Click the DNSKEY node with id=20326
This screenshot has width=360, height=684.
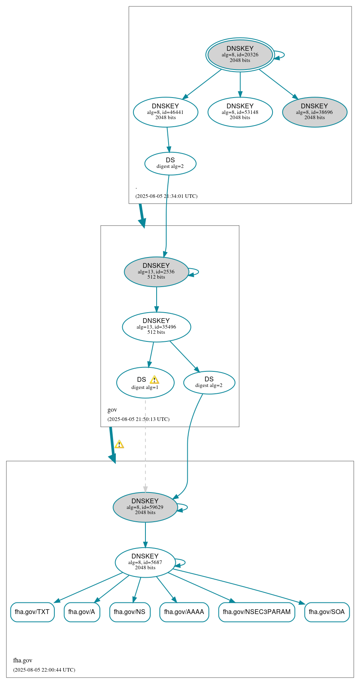pyautogui.click(x=240, y=55)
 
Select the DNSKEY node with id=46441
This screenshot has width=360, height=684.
pyautogui.click(x=165, y=112)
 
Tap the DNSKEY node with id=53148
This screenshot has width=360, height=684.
pyautogui.click(x=240, y=112)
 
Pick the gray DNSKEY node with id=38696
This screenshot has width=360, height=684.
pyautogui.click(x=314, y=112)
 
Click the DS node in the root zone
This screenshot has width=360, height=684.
pyautogui.click(x=170, y=164)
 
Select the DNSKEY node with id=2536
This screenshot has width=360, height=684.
pyautogui.click(x=156, y=272)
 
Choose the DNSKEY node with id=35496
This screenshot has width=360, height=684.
pyautogui.click(x=156, y=327)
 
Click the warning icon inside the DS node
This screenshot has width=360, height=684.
pyautogui.click(x=154, y=380)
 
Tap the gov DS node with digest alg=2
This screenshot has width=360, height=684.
pyautogui.click(x=209, y=383)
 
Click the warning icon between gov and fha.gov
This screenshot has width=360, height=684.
pyautogui.click(x=119, y=444)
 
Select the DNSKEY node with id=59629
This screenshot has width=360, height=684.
pyautogui.click(x=145, y=507)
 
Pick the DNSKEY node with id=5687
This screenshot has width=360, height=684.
pyautogui.click(x=145, y=562)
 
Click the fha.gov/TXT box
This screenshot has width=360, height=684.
pyautogui.click(x=32, y=612)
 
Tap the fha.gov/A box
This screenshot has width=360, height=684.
pyautogui.click(x=82, y=612)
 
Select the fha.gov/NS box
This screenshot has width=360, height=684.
pyautogui.click(x=130, y=612)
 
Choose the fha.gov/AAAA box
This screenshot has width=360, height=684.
pyautogui.click(x=184, y=612)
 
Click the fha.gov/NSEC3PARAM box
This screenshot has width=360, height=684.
pyautogui.click(x=257, y=612)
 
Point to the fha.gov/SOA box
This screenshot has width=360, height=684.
pyautogui.click(x=327, y=612)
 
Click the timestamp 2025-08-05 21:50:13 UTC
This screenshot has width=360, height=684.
pyautogui.click(x=138, y=419)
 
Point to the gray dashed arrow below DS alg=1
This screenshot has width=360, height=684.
pyautogui.click(x=145, y=444)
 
